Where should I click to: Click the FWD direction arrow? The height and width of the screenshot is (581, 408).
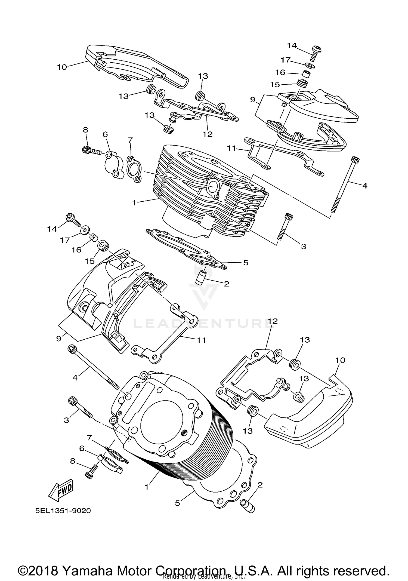point(61,491)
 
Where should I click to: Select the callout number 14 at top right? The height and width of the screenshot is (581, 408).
point(292,45)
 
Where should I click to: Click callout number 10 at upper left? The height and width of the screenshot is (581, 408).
point(62,67)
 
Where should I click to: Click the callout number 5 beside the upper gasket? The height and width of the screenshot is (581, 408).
point(246,263)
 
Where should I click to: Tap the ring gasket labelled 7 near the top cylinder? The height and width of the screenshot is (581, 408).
point(134,169)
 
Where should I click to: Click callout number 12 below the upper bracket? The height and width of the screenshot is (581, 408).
point(208,134)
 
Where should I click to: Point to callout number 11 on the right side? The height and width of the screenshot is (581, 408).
point(232,148)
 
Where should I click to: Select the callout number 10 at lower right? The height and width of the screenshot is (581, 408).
point(340,360)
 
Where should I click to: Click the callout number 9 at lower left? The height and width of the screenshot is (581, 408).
point(58,339)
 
